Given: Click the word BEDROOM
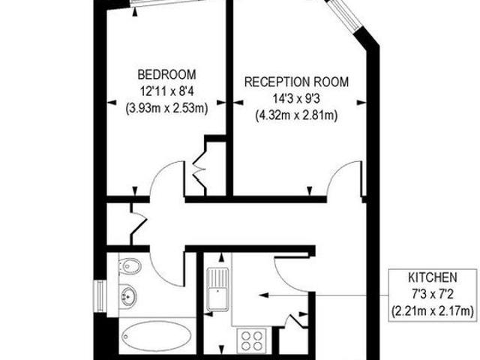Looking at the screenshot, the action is [x=166, y=75].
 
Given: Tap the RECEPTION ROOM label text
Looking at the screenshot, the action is [x=297, y=82].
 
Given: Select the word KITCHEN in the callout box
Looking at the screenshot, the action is [x=433, y=277].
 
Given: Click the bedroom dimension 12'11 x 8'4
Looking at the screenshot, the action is [x=167, y=91].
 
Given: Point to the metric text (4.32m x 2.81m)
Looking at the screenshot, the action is [x=296, y=115].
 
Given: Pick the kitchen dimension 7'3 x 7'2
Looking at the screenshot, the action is [x=433, y=295].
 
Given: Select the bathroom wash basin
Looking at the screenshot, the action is [x=127, y=295].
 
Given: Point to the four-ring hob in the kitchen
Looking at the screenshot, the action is [x=252, y=340].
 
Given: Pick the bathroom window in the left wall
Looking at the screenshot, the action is [x=100, y=296].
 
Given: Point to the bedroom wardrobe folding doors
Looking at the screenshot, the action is [x=199, y=170].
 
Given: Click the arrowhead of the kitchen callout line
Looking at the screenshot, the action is [x=263, y=295].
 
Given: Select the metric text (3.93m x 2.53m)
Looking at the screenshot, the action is [x=166, y=108].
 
